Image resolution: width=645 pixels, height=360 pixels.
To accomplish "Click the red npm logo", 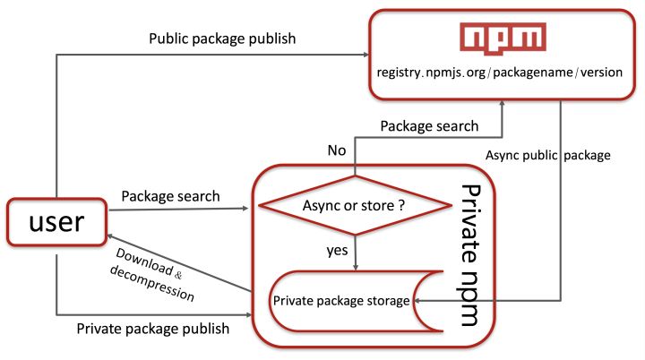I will [503, 38].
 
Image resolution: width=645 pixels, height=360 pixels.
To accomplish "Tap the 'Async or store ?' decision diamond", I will [356, 206].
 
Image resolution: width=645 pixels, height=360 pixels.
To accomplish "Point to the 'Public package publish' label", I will [222, 39].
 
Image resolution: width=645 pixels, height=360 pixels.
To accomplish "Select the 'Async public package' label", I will [548, 155].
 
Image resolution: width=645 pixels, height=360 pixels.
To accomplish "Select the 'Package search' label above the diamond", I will [428, 126].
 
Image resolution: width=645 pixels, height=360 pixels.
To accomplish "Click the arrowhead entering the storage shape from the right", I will [418, 301].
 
